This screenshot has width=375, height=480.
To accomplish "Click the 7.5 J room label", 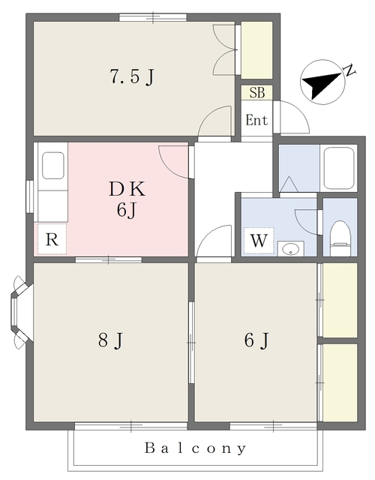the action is [x=132, y=76].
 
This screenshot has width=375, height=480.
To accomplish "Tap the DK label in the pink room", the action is [x=127, y=189].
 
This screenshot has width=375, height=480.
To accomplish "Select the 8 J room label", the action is [x=110, y=340].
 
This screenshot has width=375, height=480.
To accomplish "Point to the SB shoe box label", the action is [x=256, y=92].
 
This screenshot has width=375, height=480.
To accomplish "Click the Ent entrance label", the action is [x=256, y=120].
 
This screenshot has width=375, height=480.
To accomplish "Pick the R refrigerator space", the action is [x=52, y=238].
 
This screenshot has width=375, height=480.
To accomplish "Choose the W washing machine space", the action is [x=259, y=241].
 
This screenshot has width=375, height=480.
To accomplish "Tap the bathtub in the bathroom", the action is [x=339, y=168].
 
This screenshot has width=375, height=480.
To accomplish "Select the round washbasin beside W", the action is [x=290, y=249].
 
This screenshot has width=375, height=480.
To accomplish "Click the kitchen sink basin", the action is [x=53, y=166].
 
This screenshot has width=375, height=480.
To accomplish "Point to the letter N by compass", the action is [x=350, y=70].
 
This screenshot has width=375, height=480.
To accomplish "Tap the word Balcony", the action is [x=195, y=448].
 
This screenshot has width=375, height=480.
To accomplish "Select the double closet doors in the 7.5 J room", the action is [x=225, y=49].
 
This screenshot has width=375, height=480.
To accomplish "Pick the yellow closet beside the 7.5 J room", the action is [x=256, y=50].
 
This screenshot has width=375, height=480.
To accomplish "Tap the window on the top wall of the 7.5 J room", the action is [x=153, y=17].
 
